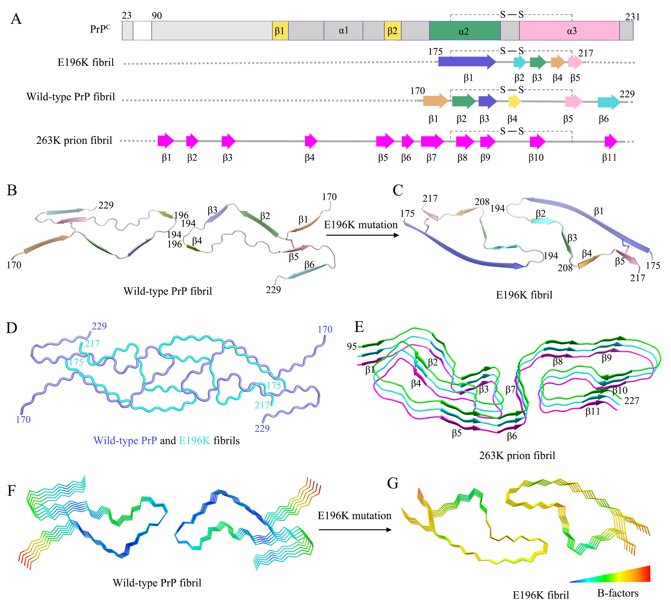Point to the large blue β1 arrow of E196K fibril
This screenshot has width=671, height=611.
point(467,62)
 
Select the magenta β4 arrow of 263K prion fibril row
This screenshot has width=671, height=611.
point(311,141)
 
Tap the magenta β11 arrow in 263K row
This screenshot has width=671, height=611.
point(611,141)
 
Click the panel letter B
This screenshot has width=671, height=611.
point(12,191)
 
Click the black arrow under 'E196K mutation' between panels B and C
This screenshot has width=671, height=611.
point(362,235)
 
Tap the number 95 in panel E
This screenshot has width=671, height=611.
point(352,346)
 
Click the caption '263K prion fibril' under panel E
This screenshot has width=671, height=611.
point(517,455)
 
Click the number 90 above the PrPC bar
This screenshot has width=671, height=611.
point(157,16)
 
